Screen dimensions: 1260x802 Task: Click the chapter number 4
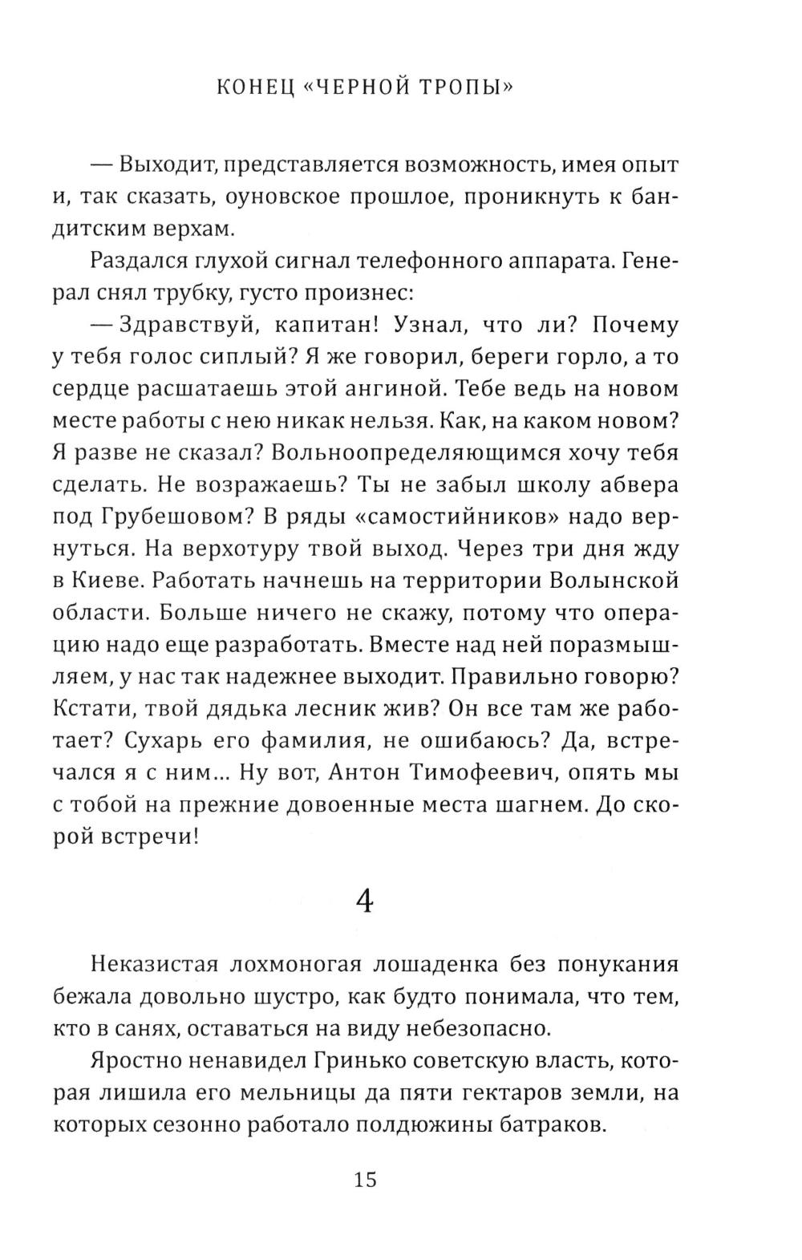coord(365,903)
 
